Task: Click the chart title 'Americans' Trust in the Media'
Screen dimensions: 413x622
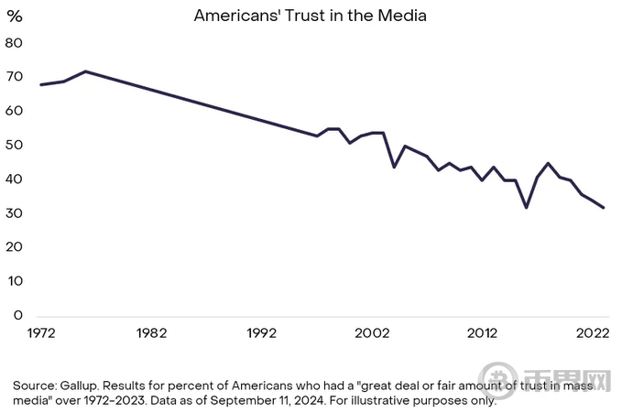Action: tap(311, 16)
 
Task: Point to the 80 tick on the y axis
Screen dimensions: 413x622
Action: tap(14, 43)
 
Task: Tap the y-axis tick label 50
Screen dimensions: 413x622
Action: tap(14, 146)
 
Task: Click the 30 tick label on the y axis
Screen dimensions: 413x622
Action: tap(14, 213)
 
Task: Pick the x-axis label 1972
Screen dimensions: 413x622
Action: tap(41, 333)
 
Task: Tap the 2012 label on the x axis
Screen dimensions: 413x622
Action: tap(483, 333)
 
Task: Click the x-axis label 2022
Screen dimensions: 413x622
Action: tap(593, 333)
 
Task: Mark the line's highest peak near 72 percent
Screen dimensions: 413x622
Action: tap(85, 71)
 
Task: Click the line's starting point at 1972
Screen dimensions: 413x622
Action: tap(41, 84)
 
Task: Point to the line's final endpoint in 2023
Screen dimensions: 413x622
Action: tap(605, 208)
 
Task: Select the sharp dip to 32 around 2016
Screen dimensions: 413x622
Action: tap(527, 208)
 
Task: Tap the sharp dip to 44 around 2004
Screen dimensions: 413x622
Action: tap(394, 167)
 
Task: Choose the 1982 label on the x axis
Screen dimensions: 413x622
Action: tap(151, 333)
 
